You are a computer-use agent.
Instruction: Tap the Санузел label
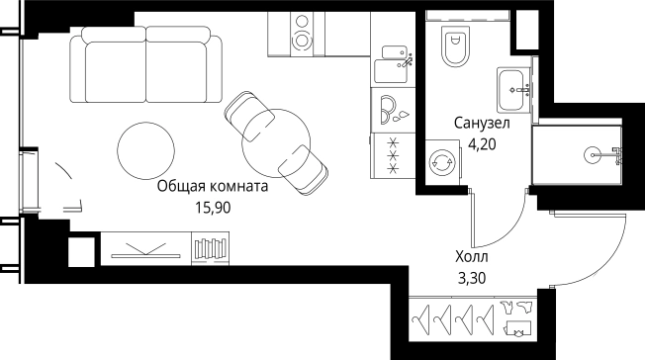[x=482, y=125]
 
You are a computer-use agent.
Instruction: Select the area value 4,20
[x=483, y=143]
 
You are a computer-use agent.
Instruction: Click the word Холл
[x=470, y=257]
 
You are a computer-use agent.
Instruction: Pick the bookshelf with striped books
[x=211, y=246]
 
